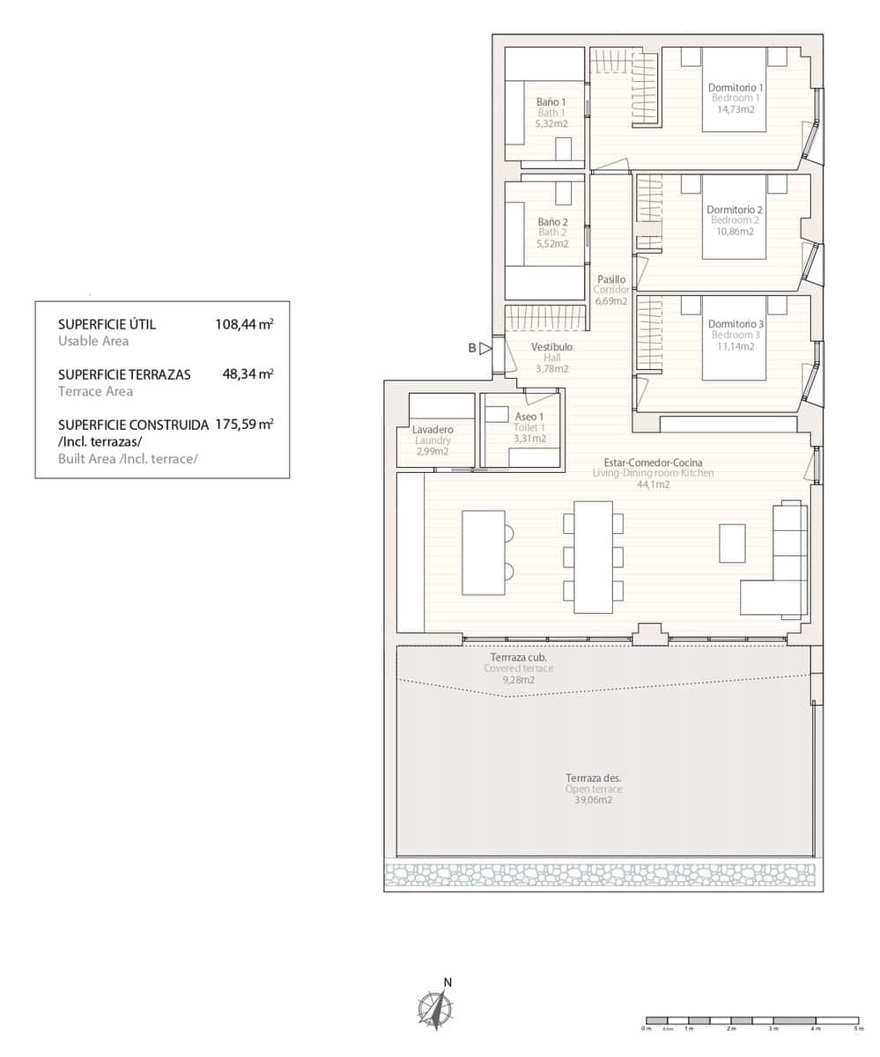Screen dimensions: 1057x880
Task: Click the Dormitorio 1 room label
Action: pos(736,87)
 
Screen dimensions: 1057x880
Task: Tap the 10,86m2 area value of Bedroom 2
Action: pos(734,232)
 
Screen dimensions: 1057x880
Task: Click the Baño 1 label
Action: pos(551,102)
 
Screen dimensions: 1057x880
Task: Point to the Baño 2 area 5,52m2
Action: pos(551,244)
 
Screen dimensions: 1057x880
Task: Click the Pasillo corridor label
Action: pos(610,279)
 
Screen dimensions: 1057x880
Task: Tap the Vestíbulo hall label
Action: pos(552,347)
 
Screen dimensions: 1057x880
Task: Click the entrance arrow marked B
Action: pos(484,348)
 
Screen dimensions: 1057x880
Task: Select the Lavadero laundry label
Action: pos(433,430)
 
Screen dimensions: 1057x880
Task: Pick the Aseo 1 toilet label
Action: pos(529,417)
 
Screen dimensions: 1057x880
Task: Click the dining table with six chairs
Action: pos(593,557)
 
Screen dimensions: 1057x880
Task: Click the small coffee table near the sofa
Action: pos(732,543)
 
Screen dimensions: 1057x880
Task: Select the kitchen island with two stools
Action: pos(483,552)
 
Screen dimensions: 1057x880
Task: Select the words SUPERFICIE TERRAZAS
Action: pos(124,374)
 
